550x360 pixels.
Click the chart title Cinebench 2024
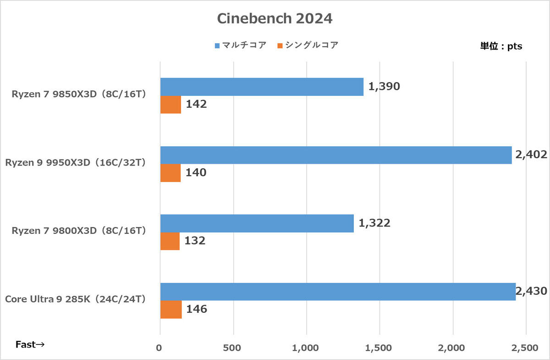pos(275,19)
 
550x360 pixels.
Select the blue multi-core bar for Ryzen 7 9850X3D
pos(262,87)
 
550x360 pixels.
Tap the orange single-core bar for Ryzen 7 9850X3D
pos(170,105)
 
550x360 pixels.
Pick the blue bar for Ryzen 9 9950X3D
pos(335,155)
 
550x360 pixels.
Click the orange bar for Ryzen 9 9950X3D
pos(170,173)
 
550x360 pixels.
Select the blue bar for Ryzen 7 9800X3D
pos(257,223)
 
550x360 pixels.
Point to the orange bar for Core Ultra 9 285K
pos(171,310)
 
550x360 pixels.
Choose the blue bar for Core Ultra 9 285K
pos(338,292)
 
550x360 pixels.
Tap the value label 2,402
pos(531,155)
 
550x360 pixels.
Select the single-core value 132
pos(195,241)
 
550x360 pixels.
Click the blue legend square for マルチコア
pos(218,45)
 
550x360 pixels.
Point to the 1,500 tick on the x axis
pos(379,349)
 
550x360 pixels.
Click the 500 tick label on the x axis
pos(233,349)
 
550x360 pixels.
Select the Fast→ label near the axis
pos(30,344)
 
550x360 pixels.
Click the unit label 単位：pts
pos(501,46)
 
